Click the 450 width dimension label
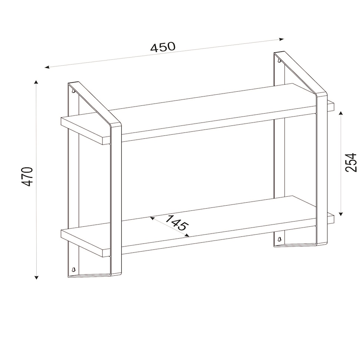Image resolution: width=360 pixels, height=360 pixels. click(x=163, y=47)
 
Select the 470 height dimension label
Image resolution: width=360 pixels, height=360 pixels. click(x=27, y=177)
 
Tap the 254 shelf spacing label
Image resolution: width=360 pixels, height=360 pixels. click(x=351, y=163)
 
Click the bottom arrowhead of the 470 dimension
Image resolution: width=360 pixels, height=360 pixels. click(x=36, y=277)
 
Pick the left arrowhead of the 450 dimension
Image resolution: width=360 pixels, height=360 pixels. click(x=47, y=67)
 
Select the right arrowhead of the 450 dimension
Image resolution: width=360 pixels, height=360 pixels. click(x=282, y=39)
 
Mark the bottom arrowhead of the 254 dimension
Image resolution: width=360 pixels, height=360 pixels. click(x=341, y=214)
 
